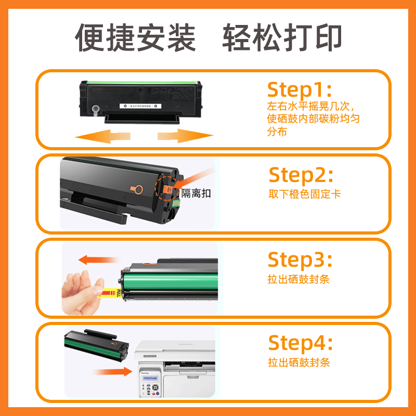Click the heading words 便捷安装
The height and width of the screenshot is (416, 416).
[x=136, y=38]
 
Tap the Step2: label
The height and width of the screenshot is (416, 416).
[x=301, y=175]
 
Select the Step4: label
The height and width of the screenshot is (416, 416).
[x=300, y=343]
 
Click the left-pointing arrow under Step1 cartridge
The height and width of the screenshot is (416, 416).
[x=101, y=136]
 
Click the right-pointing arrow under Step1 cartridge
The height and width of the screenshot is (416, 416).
[x=185, y=136]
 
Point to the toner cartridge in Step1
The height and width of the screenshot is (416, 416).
[x=140, y=100]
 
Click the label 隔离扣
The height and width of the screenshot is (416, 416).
[x=200, y=193]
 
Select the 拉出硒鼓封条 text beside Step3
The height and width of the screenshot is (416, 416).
[x=299, y=279]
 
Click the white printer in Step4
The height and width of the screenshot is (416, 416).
[x=177, y=369]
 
